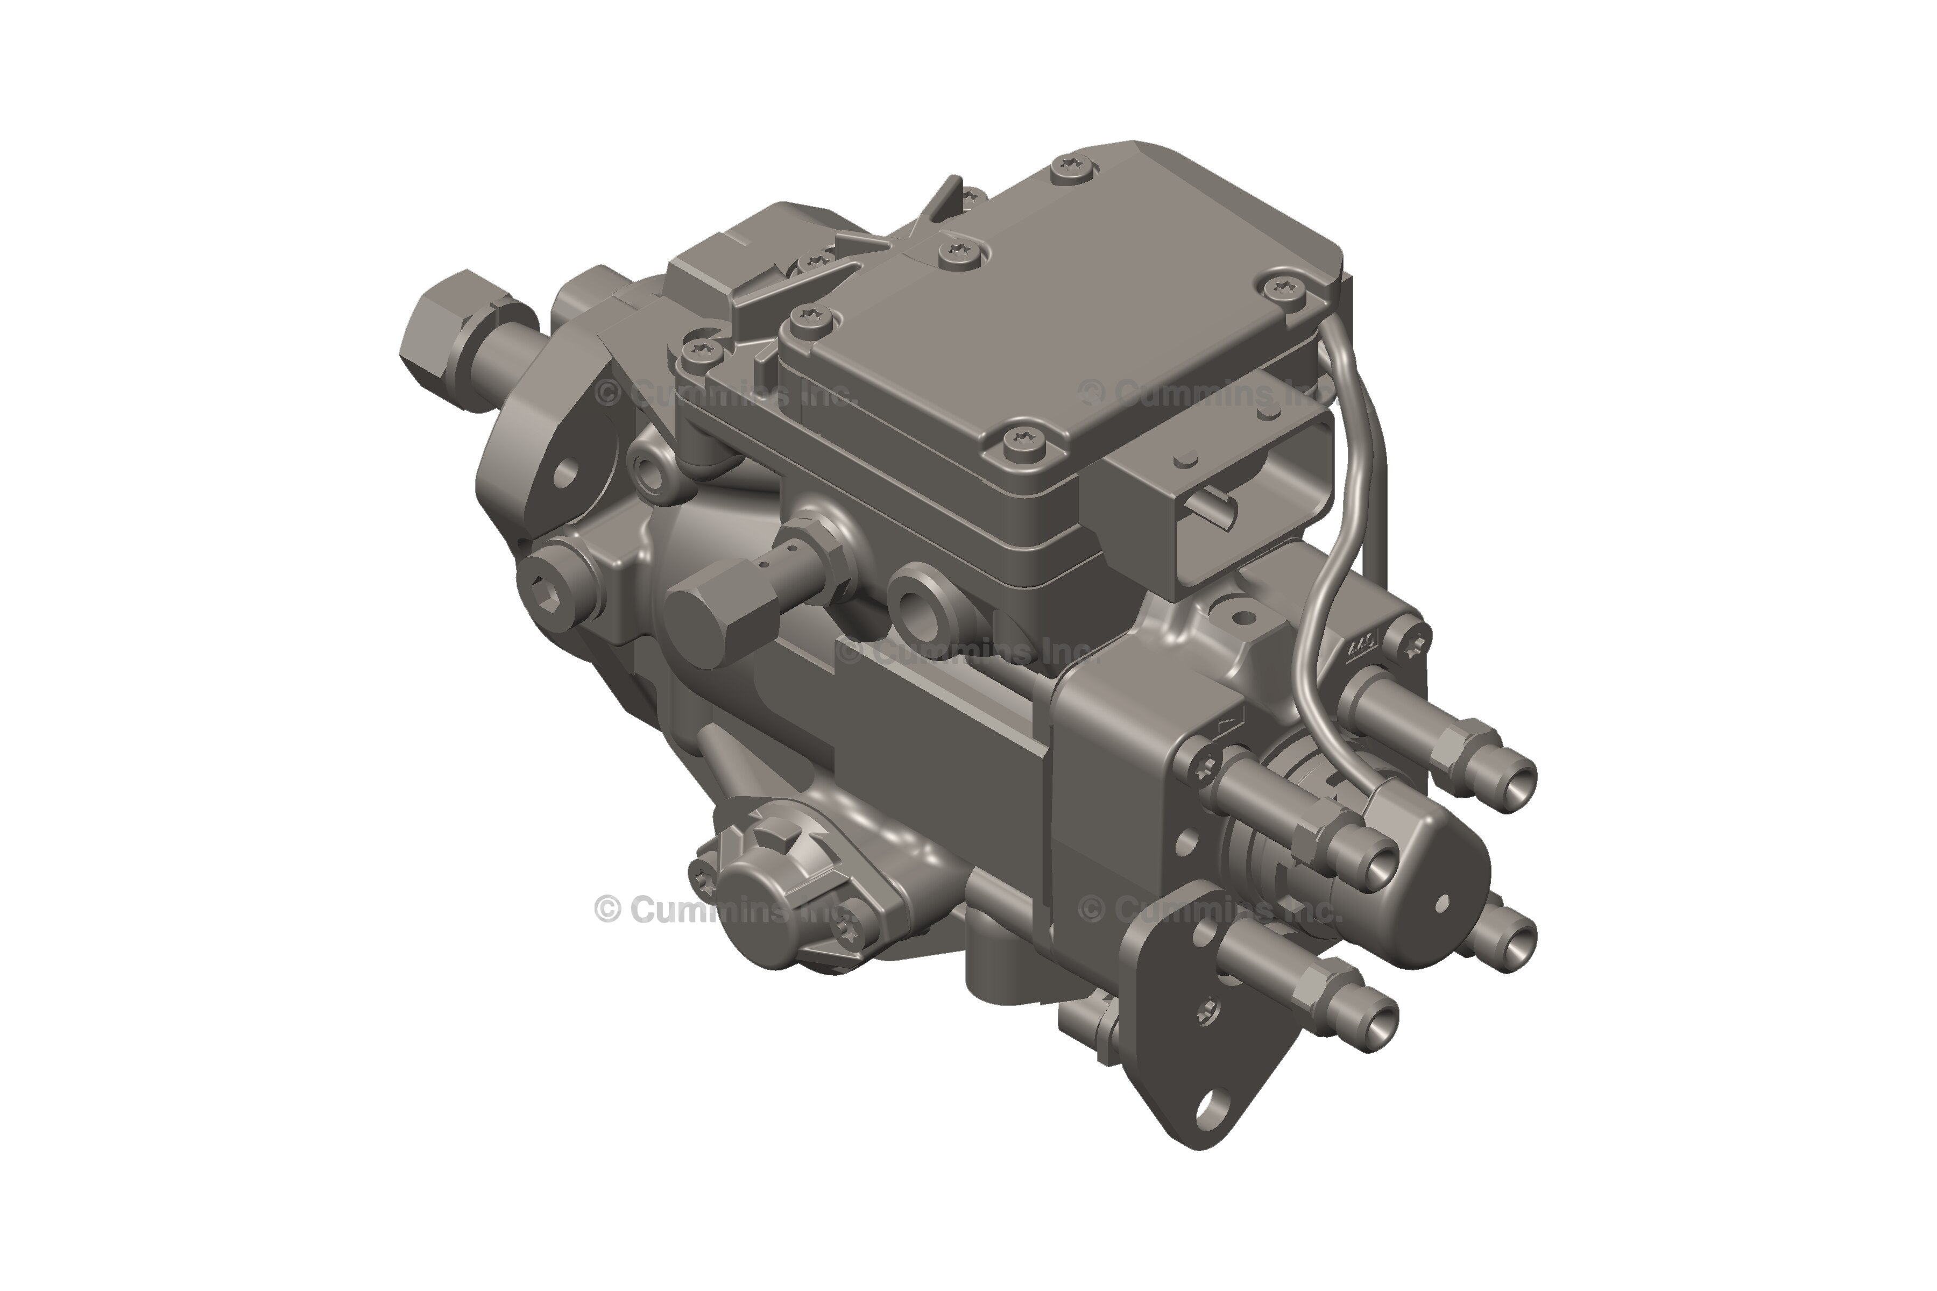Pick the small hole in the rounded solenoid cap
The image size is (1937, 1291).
click(1441, 903)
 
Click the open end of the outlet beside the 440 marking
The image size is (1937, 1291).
click(1518, 777)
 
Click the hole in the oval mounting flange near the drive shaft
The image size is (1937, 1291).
click(567, 473)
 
